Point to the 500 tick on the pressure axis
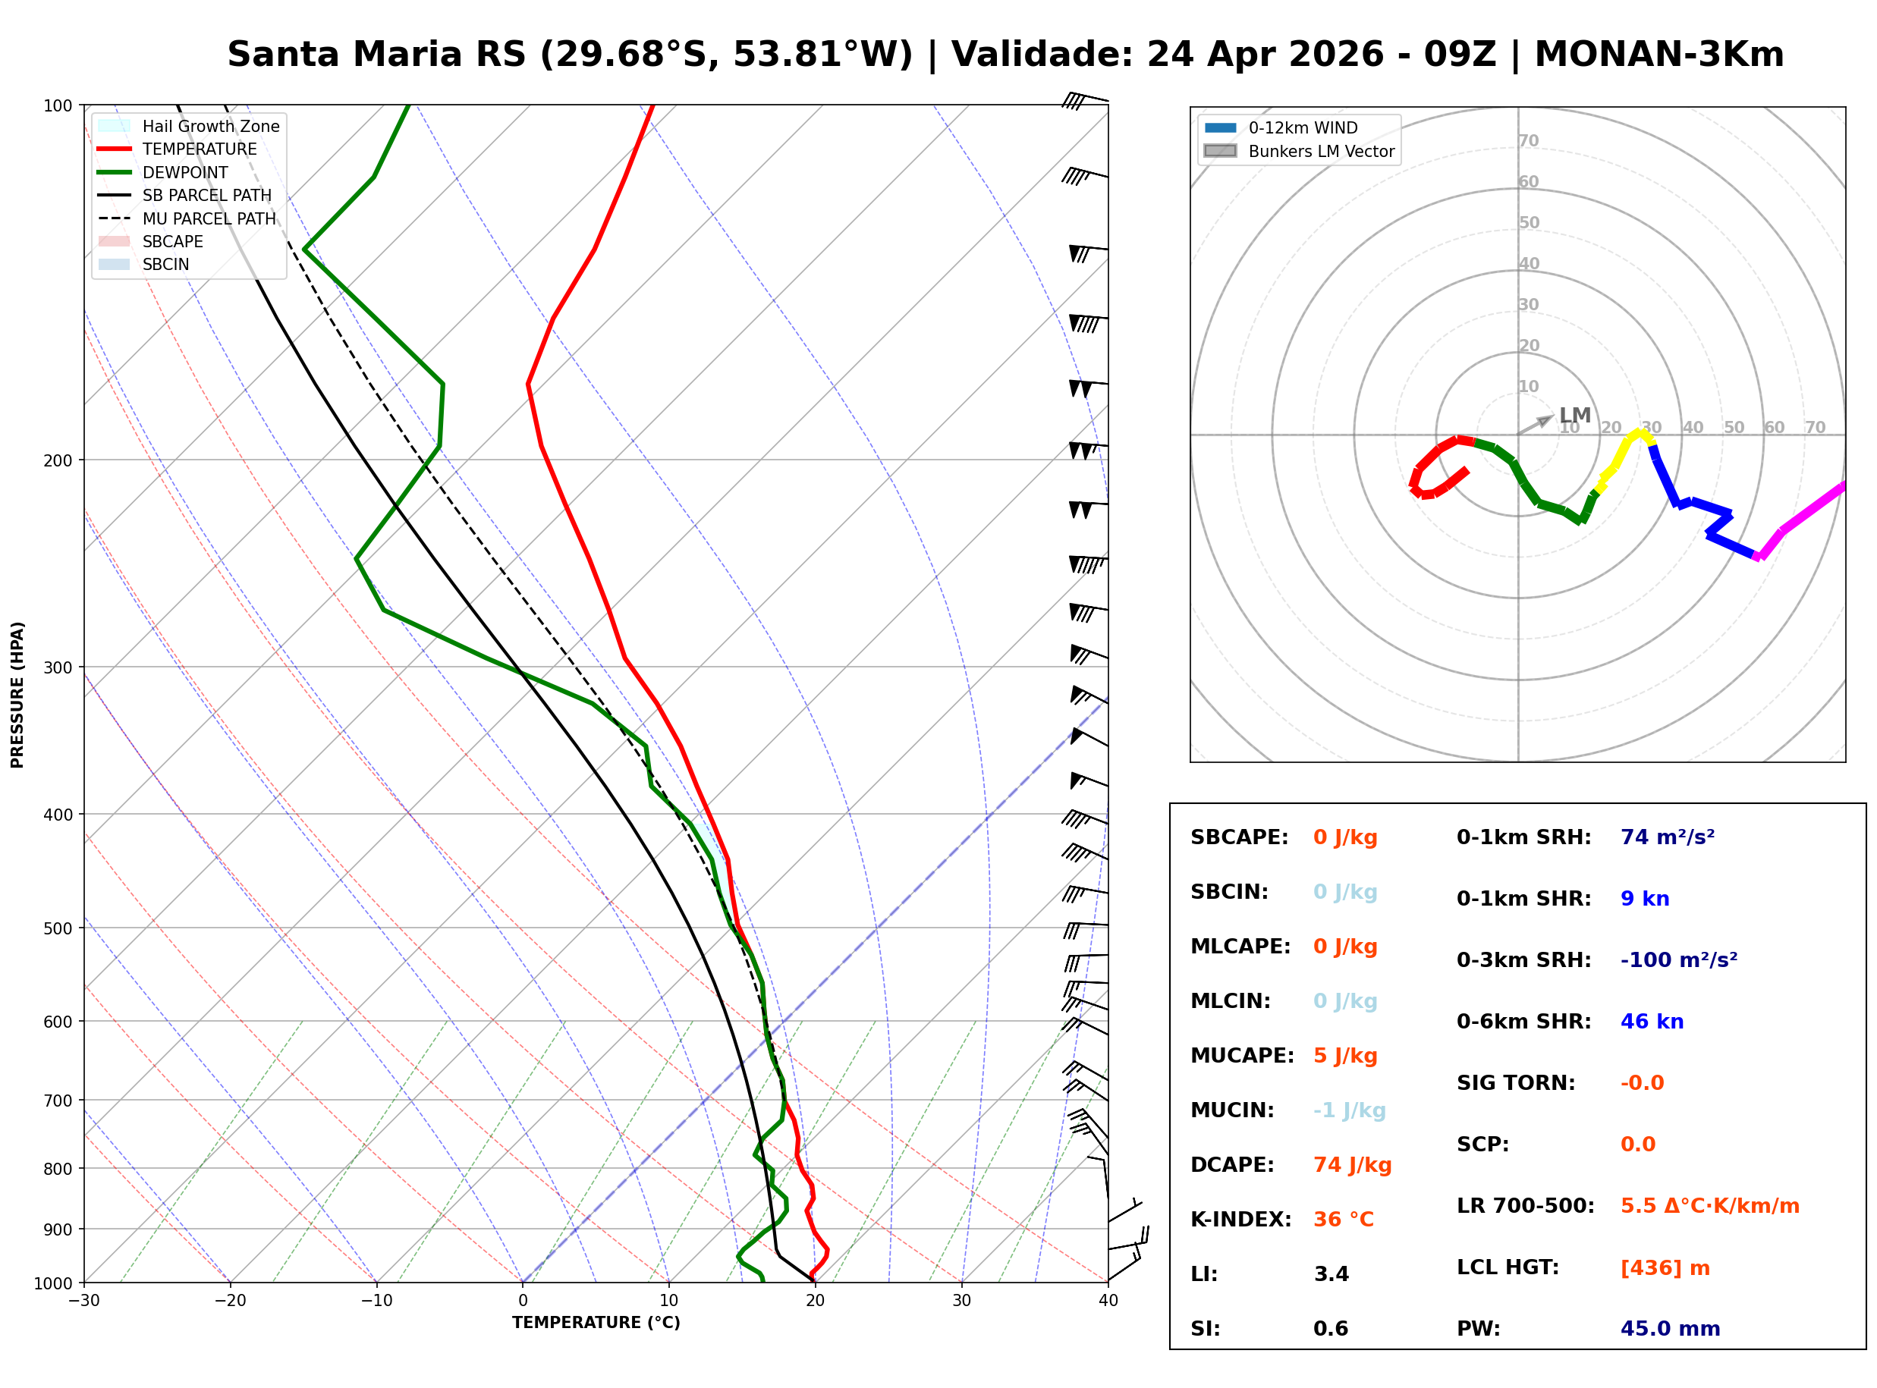coord(58,928)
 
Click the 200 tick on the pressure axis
coord(58,460)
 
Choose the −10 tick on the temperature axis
coord(376,1301)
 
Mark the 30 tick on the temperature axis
coord(961,1301)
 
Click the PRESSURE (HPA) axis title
coord(17,695)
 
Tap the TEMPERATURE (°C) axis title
coord(596,1323)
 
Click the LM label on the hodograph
coord(1574,415)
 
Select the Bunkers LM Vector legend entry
coord(1321,151)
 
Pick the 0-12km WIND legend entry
coord(1303,127)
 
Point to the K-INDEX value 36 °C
coord(1344,1219)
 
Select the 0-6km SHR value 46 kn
coord(1652,1022)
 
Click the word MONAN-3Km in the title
coord(1658,55)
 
